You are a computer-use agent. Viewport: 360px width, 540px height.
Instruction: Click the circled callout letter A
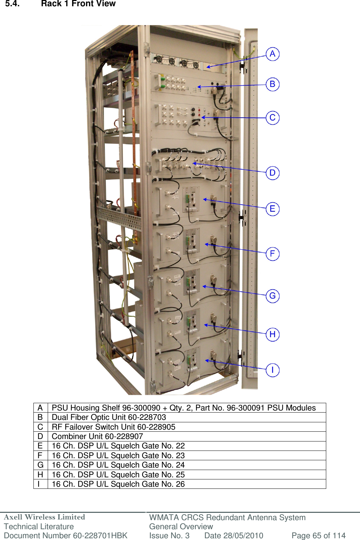(273, 54)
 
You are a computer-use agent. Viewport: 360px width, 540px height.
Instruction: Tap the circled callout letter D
(273, 173)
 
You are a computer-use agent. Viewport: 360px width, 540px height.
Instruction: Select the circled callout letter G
(273, 296)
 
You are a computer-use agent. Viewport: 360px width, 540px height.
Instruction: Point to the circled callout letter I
(273, 370)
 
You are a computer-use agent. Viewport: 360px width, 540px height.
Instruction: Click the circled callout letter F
(273, 253)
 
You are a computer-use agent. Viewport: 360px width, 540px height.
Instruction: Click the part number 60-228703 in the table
(147, 417)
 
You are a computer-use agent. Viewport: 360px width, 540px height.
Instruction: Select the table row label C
(40, 427)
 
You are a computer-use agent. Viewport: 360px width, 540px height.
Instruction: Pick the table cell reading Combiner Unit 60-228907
(97, 436)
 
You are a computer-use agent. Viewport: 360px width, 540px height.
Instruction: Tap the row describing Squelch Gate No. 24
(118, 465)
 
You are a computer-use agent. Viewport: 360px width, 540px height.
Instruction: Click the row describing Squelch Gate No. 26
(118, 484)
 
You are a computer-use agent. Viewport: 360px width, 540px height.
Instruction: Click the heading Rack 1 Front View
(78, 4)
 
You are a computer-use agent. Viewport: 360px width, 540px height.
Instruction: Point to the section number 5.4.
(12, 4)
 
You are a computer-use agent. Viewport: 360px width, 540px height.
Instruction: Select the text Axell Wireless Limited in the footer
(44, 517)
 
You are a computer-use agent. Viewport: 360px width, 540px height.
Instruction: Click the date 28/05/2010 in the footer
(234, 535)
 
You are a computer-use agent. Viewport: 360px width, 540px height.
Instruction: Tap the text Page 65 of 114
(318, 535)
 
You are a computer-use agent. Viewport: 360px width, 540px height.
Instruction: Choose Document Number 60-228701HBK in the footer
(65, 535)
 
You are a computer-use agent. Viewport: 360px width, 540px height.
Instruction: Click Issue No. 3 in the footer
(169, 535)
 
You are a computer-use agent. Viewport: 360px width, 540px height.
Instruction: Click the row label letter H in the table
(40, 475)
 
